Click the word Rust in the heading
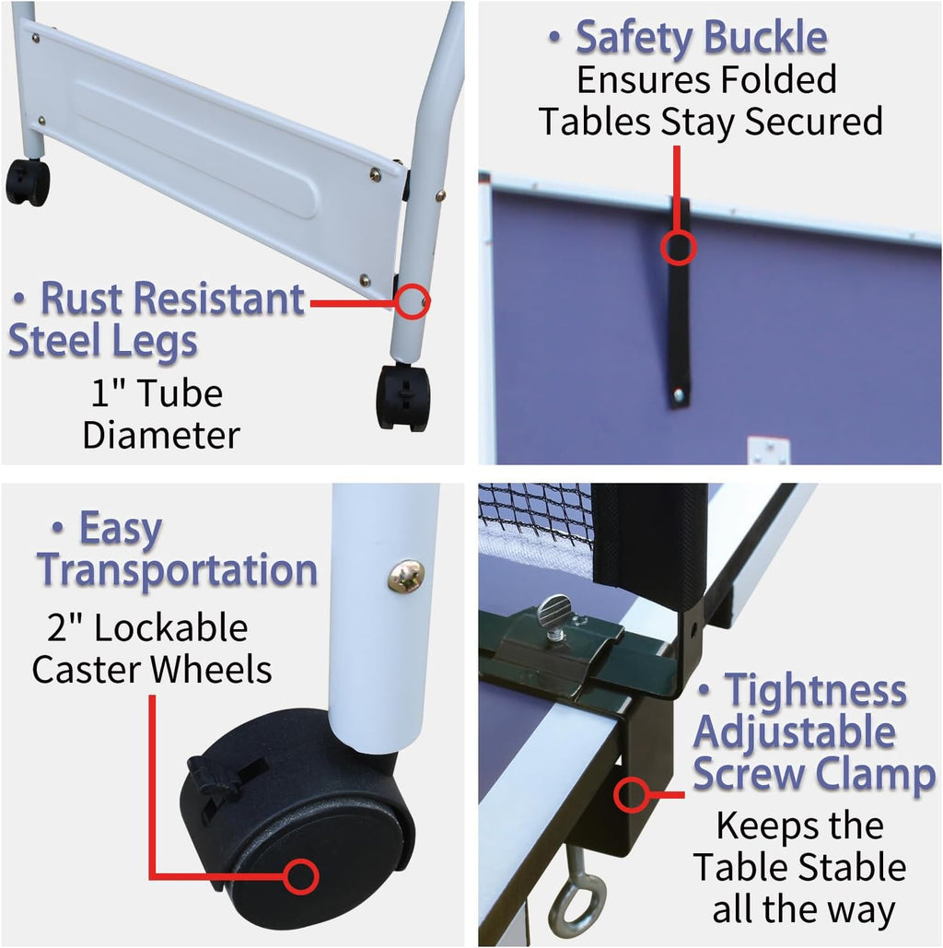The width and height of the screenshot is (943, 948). [83, 298]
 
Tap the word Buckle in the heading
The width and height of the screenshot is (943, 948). [765, 38]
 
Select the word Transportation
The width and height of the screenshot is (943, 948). [177, 571]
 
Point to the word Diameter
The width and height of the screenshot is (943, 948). [161, 435]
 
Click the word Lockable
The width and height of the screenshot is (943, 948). [171, 627]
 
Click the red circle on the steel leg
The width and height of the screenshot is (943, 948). [413, 301]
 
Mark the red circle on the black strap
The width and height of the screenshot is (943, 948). [678, 247]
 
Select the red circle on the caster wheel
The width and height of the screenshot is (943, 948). [300, 877]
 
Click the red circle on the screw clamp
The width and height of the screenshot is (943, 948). [632, 795]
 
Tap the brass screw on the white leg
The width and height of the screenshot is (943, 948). [405, 575]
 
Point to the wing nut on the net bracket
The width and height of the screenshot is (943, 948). [553, 612]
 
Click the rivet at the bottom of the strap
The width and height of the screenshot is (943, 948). [679, 395]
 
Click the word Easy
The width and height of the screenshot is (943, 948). [121, 529]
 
